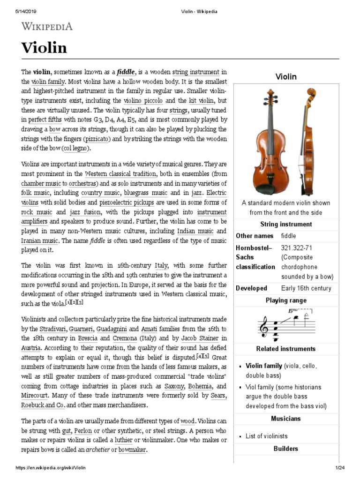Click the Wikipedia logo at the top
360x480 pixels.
47,27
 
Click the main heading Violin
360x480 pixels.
44,47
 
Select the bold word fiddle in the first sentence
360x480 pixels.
126,72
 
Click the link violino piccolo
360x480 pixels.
143,101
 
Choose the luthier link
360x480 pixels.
123,440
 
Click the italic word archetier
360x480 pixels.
99,450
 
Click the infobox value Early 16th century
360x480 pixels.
306,288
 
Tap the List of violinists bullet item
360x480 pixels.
266,436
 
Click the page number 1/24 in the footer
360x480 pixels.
340,468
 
